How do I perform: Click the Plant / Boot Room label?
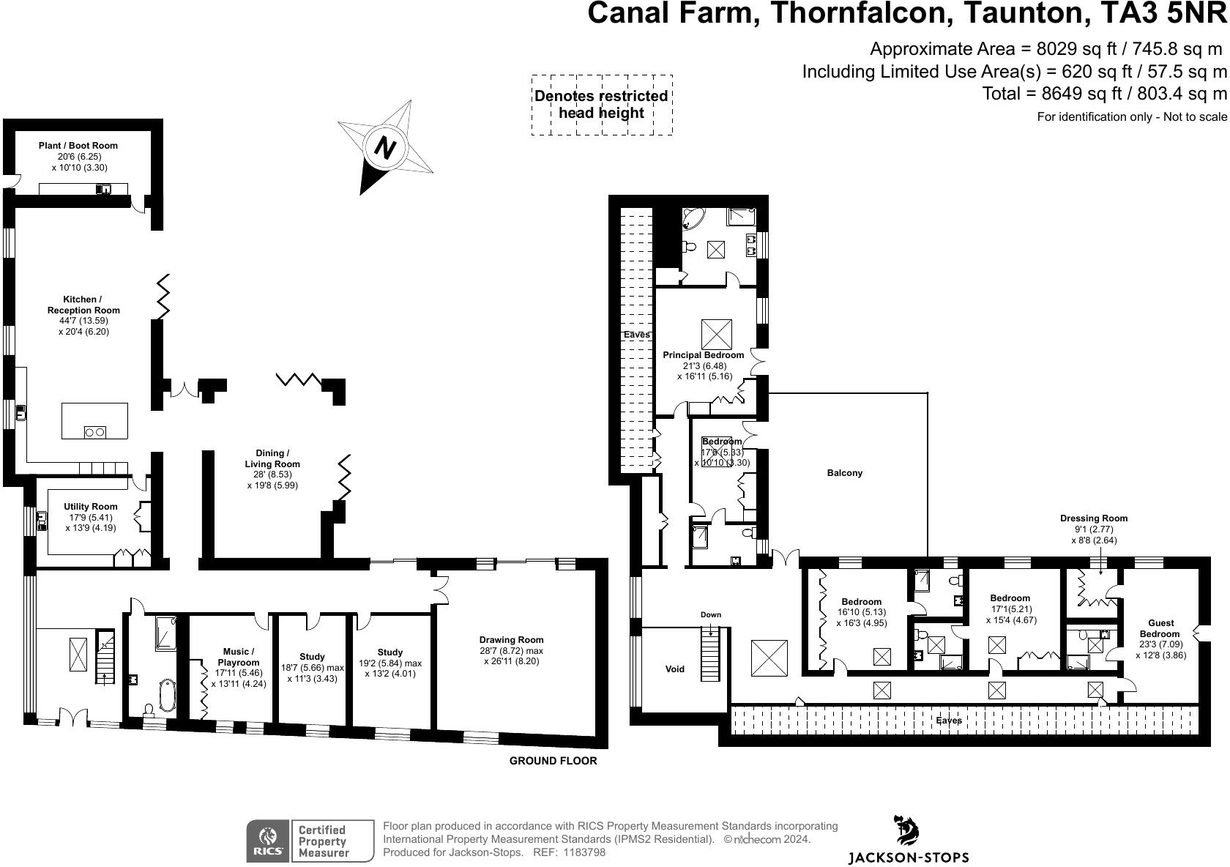pyautogui.click(x=78, y=146)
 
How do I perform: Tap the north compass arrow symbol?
pyautogui.click(x=385, y=148)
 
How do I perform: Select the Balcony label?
pyautogui.click(x=845, y=473)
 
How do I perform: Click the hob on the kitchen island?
pyautogui.click(x=95, y=432)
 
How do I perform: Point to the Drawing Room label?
pyautogui.click(x=512, y=639)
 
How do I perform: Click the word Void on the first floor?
pyautogui.click(x=674, y=669)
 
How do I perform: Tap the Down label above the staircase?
pyautogui.click(x=710, y=614)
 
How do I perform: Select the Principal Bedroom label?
pyautogui.click(x=703, y=354)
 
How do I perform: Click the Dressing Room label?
pyautogui.click(x=1094, y=518)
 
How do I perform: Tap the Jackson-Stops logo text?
pyautogui.click(x=908, y=857)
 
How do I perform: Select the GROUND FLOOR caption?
pyautogui.click(x=553, y=761)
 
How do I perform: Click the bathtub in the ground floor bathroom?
pyautogui.click(x=168, y=696)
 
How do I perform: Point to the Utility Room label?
pyautogui.click(x=90, y=507)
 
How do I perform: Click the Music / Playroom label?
pyautogui.click(x=239, y=657)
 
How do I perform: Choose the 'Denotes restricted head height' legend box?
pyautogui.click(x=601, y=105)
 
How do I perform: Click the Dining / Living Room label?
pyautogui.click(x=272, y=458)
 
